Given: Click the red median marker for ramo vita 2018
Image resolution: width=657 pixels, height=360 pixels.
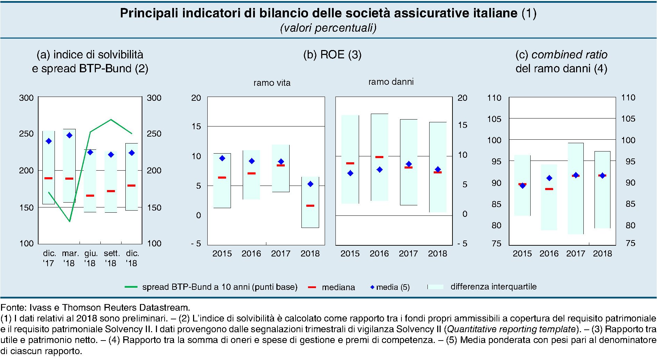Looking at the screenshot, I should (x=310, y=206).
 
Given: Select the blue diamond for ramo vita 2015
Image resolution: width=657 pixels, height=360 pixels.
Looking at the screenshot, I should (x=222, y=158).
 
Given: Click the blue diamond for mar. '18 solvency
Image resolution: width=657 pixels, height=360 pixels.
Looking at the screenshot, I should (x=69, y=135).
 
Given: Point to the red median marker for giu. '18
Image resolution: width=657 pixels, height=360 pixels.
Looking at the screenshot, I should (x=90, y=196).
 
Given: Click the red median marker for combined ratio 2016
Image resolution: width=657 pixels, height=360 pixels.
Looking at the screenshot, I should (x=549, y=189).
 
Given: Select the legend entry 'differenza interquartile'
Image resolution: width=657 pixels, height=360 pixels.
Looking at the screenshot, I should (x=493, y=287).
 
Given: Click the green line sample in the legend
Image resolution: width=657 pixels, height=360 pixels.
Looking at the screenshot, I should (x=131, y=287).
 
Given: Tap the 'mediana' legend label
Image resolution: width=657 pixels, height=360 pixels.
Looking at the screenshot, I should (x=338, y=287).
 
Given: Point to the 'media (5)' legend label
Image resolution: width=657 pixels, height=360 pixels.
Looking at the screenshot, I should (x=393, y=287).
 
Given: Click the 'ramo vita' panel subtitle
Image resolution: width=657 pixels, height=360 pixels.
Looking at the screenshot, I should (x=272, y=83).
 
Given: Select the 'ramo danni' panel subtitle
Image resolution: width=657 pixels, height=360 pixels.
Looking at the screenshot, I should (x=391, y=82).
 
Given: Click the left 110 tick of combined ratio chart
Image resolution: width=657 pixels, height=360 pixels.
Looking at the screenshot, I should (x=494, y=98).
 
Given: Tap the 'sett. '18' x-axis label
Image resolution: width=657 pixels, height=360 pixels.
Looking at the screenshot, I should (x=111, y=258).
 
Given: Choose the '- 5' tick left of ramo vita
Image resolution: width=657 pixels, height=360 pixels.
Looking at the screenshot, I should (x=196, y=244).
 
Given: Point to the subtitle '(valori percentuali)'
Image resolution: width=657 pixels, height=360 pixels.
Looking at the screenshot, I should (x=328, y=28).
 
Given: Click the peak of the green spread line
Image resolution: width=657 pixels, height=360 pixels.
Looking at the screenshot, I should (x=111, y=120).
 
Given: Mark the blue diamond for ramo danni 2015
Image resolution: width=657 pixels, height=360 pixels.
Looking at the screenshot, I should (x=350, y=173).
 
